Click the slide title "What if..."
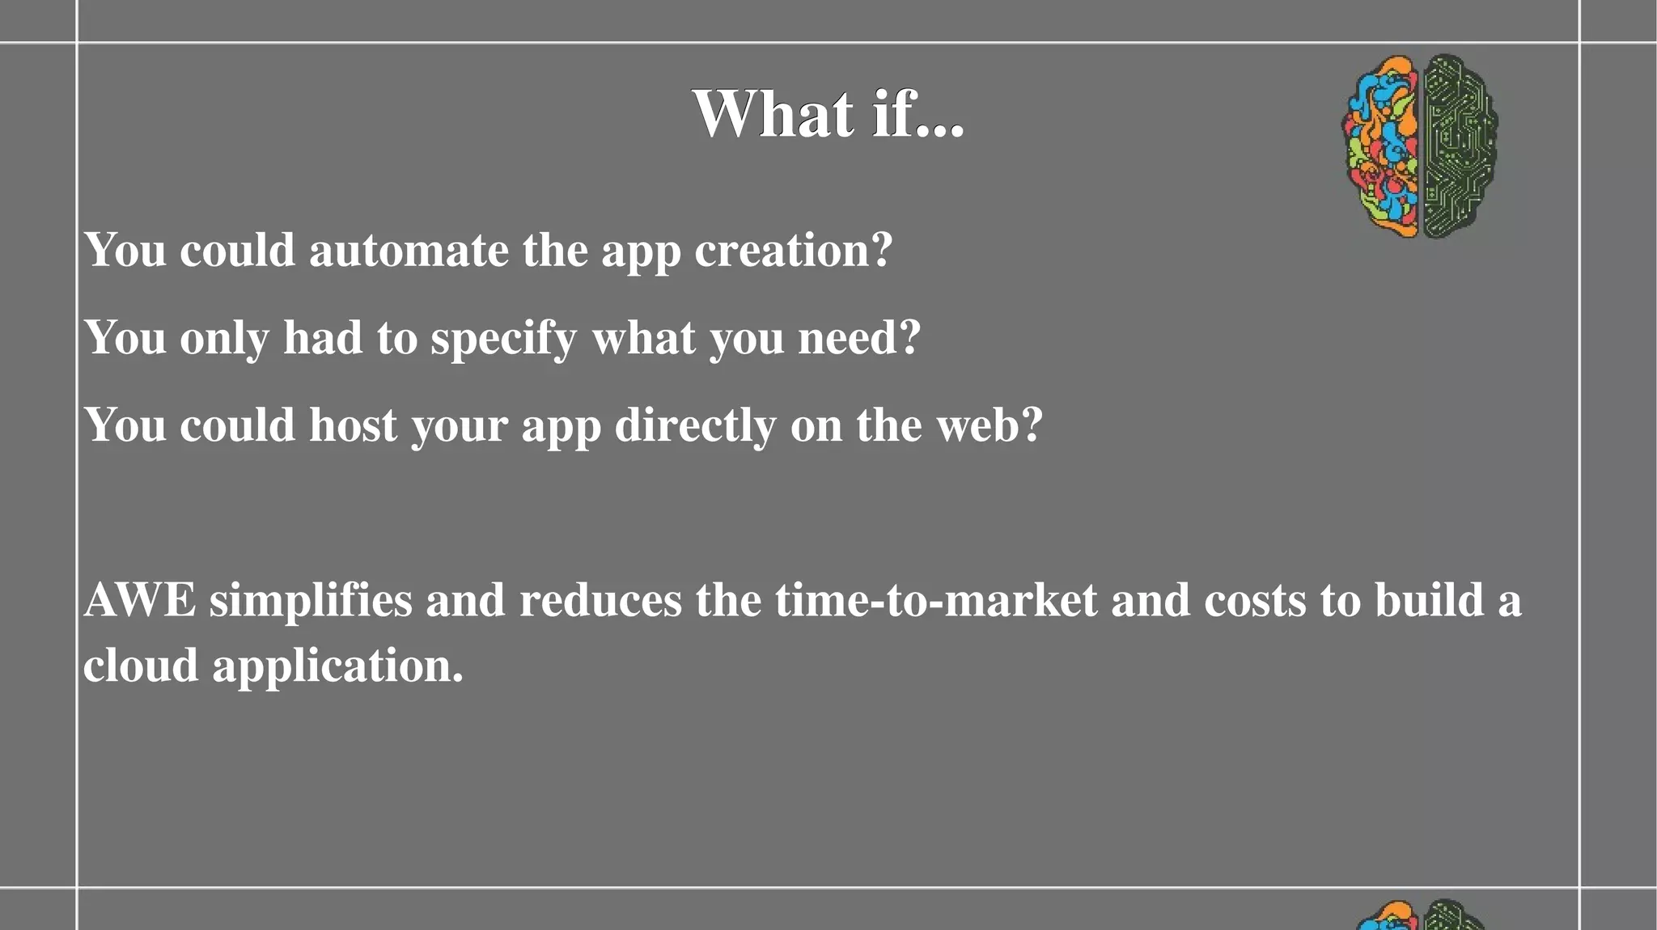coord(828,114)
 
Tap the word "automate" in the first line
coord(409,250)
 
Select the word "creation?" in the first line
coord(793,250)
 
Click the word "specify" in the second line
coord(503,339)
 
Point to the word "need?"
coord(859,337)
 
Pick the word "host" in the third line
coord(353,425)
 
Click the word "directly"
coord(695,426)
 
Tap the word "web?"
coord(990,425)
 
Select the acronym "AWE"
coord(139,600)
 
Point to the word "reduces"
coord(600,600)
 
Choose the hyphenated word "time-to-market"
coord(936,600)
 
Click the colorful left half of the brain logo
coord(1382,146)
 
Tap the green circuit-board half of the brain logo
coord(1458,146)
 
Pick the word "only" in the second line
coord(224,339)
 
